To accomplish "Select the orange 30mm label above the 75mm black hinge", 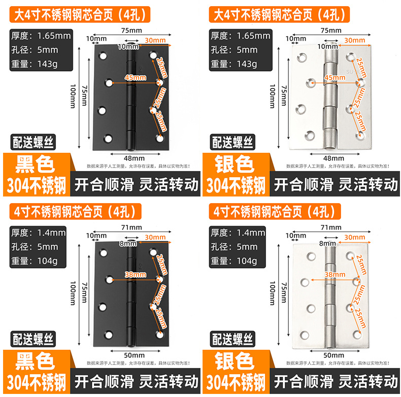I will tap(155, 40).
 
